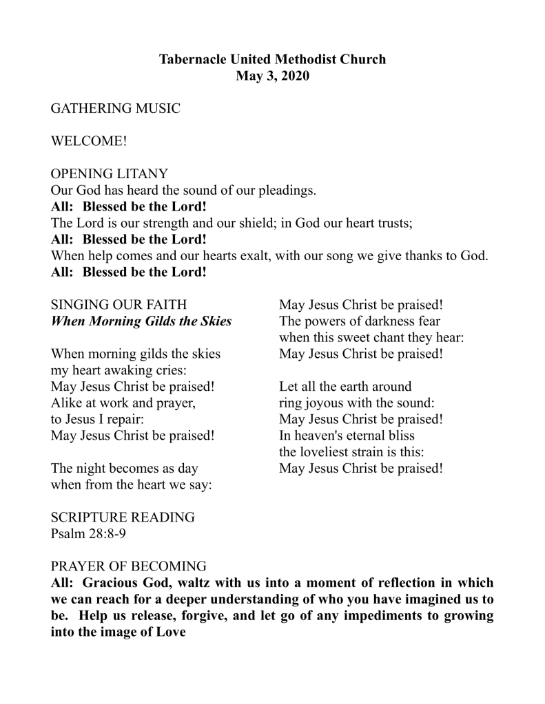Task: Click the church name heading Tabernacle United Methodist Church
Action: pos(272,59)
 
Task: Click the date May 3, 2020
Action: pos(272,76)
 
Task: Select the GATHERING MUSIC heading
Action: pos(116,109)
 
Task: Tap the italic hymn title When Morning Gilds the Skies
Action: pos(141,321)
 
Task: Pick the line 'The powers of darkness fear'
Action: pos(360,321)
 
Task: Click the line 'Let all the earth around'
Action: pos(345,387)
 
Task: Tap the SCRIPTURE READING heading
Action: pos(123,518)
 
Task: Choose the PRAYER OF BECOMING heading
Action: pos(129,566)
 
